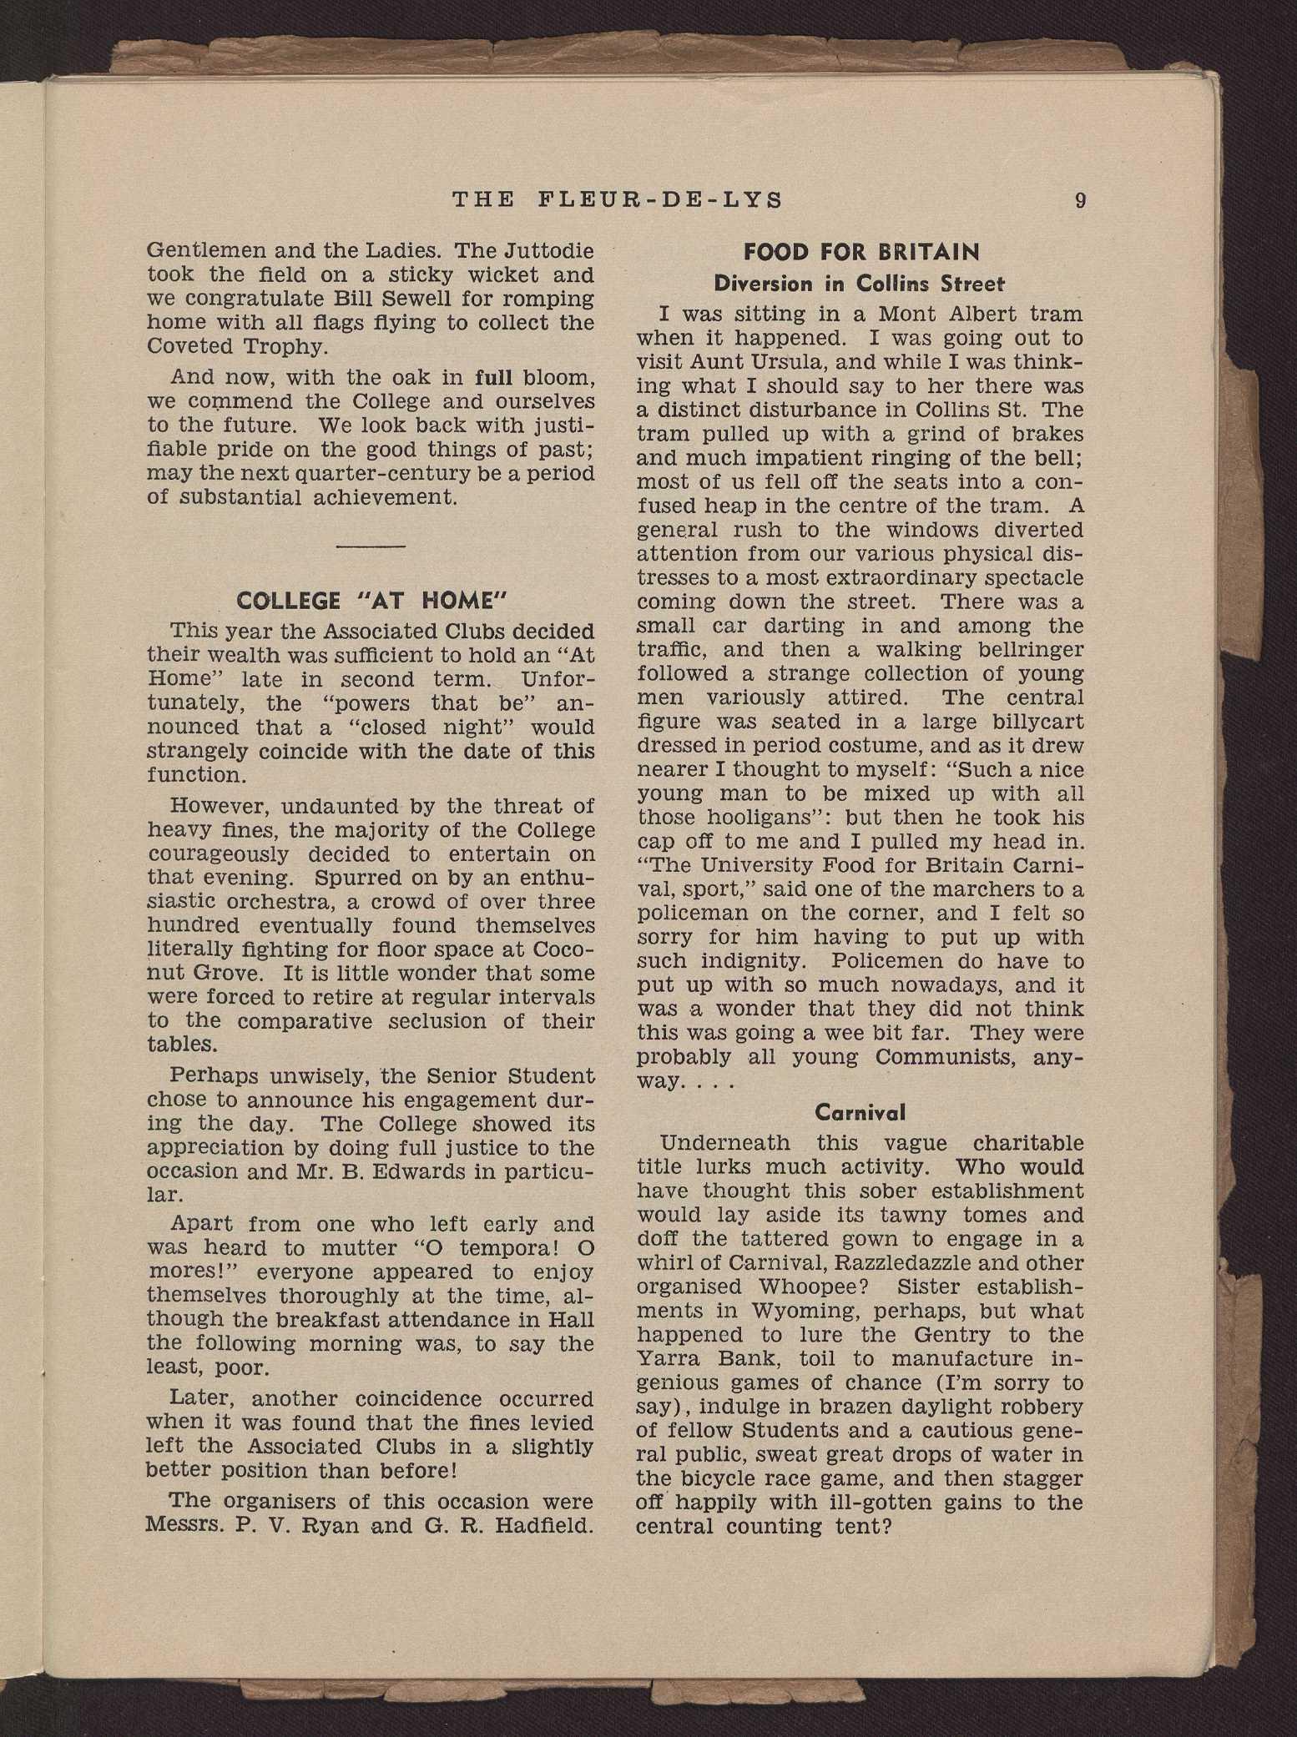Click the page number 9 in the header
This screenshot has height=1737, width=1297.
point(1080,200)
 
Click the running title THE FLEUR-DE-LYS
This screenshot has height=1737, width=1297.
point(618,200)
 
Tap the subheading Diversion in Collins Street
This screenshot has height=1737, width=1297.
point(860,284)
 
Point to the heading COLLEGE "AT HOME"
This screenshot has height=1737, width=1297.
point(372,601)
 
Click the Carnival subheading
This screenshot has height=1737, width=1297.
point(860,1112)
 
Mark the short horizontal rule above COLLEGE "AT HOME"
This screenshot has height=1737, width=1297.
point(371,546)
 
